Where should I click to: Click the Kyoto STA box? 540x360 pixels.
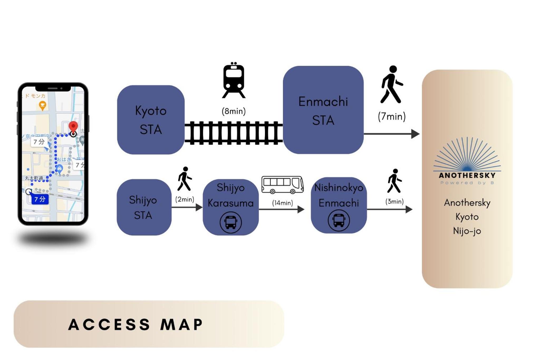point(151,120)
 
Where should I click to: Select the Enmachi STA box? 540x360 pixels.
point(323,110)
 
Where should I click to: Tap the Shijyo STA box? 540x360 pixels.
point(144,207)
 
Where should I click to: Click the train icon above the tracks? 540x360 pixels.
point(234,80)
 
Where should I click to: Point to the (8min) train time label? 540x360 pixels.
point(234,111)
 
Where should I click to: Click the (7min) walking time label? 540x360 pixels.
point(392,116)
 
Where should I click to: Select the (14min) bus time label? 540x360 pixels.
point(282,203)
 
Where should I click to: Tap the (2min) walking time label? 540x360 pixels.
point(185,199)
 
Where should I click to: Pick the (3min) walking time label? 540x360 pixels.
point(394,201)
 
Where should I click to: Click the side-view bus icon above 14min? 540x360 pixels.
point(282,185)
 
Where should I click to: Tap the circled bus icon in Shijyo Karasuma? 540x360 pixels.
point(231,222)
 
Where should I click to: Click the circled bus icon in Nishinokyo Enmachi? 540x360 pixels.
point(339,220)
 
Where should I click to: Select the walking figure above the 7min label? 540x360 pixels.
point(392,84)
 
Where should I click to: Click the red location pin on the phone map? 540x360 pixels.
point(73,127)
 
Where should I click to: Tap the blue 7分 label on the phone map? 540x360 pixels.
point(40,199)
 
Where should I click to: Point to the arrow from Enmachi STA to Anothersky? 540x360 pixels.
point(392,134)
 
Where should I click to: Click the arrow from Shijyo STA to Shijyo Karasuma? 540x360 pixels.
point(187,207)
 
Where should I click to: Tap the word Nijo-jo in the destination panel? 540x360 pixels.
point(467,231)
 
